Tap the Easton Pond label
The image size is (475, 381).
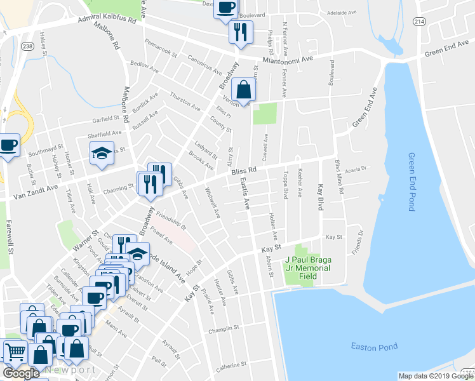coord(374,346)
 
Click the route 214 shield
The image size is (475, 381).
coord(421,21)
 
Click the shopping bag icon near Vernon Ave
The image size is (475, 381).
coord(243,90)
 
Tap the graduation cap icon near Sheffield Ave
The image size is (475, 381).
coord(101,154)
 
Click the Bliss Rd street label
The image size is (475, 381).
coord(243,171)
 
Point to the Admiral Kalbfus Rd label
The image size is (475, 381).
coord(107,20)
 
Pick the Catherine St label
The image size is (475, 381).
coord(231,366)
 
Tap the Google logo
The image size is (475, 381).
coord(21,373)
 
